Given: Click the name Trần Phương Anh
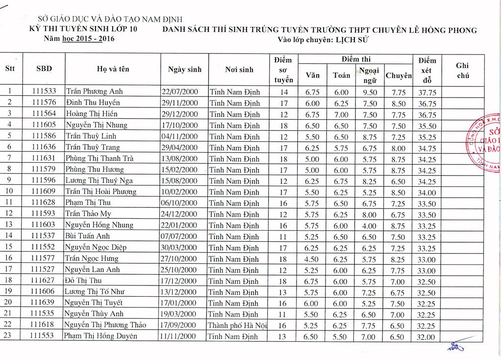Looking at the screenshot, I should (95, 92).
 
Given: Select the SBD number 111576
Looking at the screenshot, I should (44, 103).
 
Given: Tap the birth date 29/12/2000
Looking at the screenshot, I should (179, 114).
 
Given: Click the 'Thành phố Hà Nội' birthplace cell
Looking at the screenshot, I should (238, 325).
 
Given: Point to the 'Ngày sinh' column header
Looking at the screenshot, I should (184, 70).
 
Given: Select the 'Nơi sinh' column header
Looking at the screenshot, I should (239, 70).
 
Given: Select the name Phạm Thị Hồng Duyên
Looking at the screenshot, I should (100, 336).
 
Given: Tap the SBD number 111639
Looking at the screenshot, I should (44, 303).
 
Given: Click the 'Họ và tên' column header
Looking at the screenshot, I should (113, 70).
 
